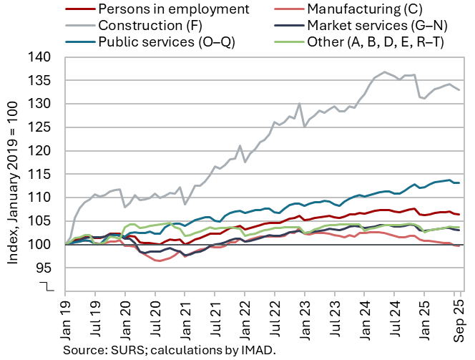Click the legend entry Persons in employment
pos(172,10)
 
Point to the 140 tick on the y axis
pos(47,57)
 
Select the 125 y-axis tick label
pos(47,127)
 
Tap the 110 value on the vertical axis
pos(47,198)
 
